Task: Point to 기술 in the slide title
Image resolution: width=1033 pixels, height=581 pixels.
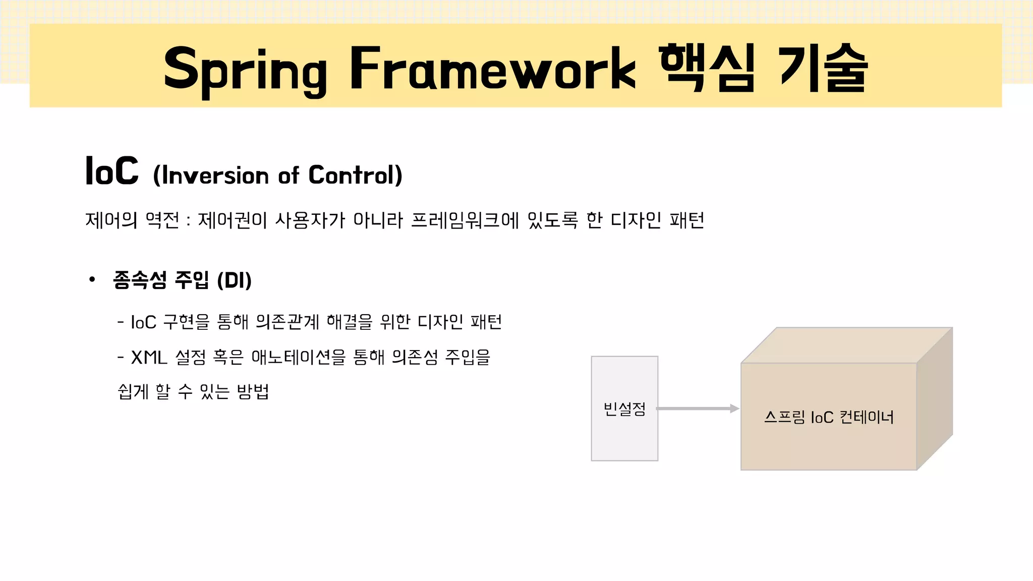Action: pyautogui.click(x=822, y=68)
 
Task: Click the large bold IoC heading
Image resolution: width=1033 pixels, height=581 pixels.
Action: pyautogui.click(x=112, y=171)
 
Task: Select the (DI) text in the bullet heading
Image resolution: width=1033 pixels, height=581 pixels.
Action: pyautogui.click(x=234, y=280)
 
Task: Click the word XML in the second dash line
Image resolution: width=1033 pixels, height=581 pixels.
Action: pyautogui.click(x=149, y=358)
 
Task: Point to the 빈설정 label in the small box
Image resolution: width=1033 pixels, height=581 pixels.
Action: pyautogui.click(x=624, y=409)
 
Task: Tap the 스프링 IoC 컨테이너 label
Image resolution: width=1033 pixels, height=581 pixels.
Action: pyautogui.click(x=829, y=417)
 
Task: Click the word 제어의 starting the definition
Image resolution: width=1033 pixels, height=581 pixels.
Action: pyautogui.click(x=111, y=220)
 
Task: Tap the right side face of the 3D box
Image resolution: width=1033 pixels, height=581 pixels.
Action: pyautogui.click(x=935, y=398)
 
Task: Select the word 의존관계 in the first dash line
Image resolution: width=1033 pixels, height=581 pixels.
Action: pyautogui.click(x=288, y=322)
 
